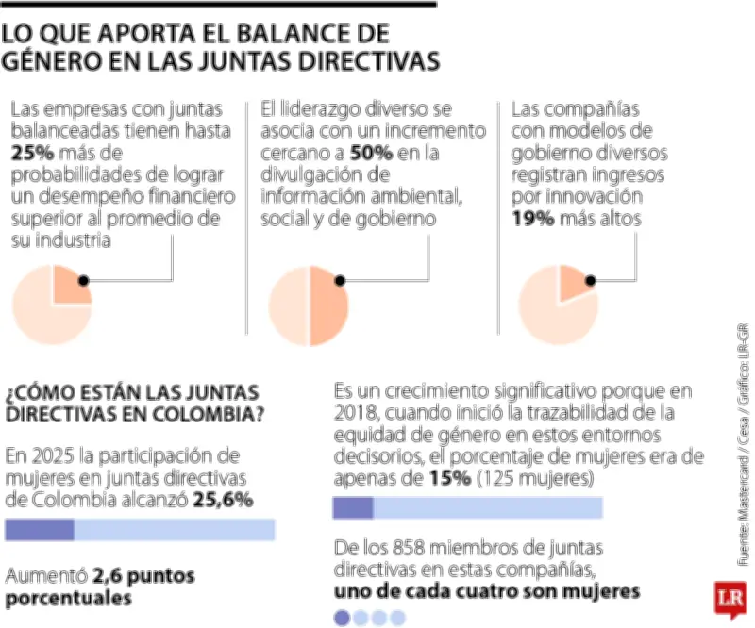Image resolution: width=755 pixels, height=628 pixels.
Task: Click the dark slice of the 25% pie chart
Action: pyautogui.click(x=70, y=285)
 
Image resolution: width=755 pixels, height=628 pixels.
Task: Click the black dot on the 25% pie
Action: pyautogui.click(x=84, y=280)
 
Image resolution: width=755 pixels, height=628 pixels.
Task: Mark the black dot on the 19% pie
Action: pyautogui.click(x=591, y=280)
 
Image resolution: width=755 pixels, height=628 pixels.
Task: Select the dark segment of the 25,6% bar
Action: pyautogui.click(x=40, y=529)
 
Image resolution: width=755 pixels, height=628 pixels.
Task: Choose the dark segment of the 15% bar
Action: pyautogui.click(x=353, y=508)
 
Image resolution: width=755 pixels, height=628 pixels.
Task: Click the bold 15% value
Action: pyautogui.click(x=445, y=478)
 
